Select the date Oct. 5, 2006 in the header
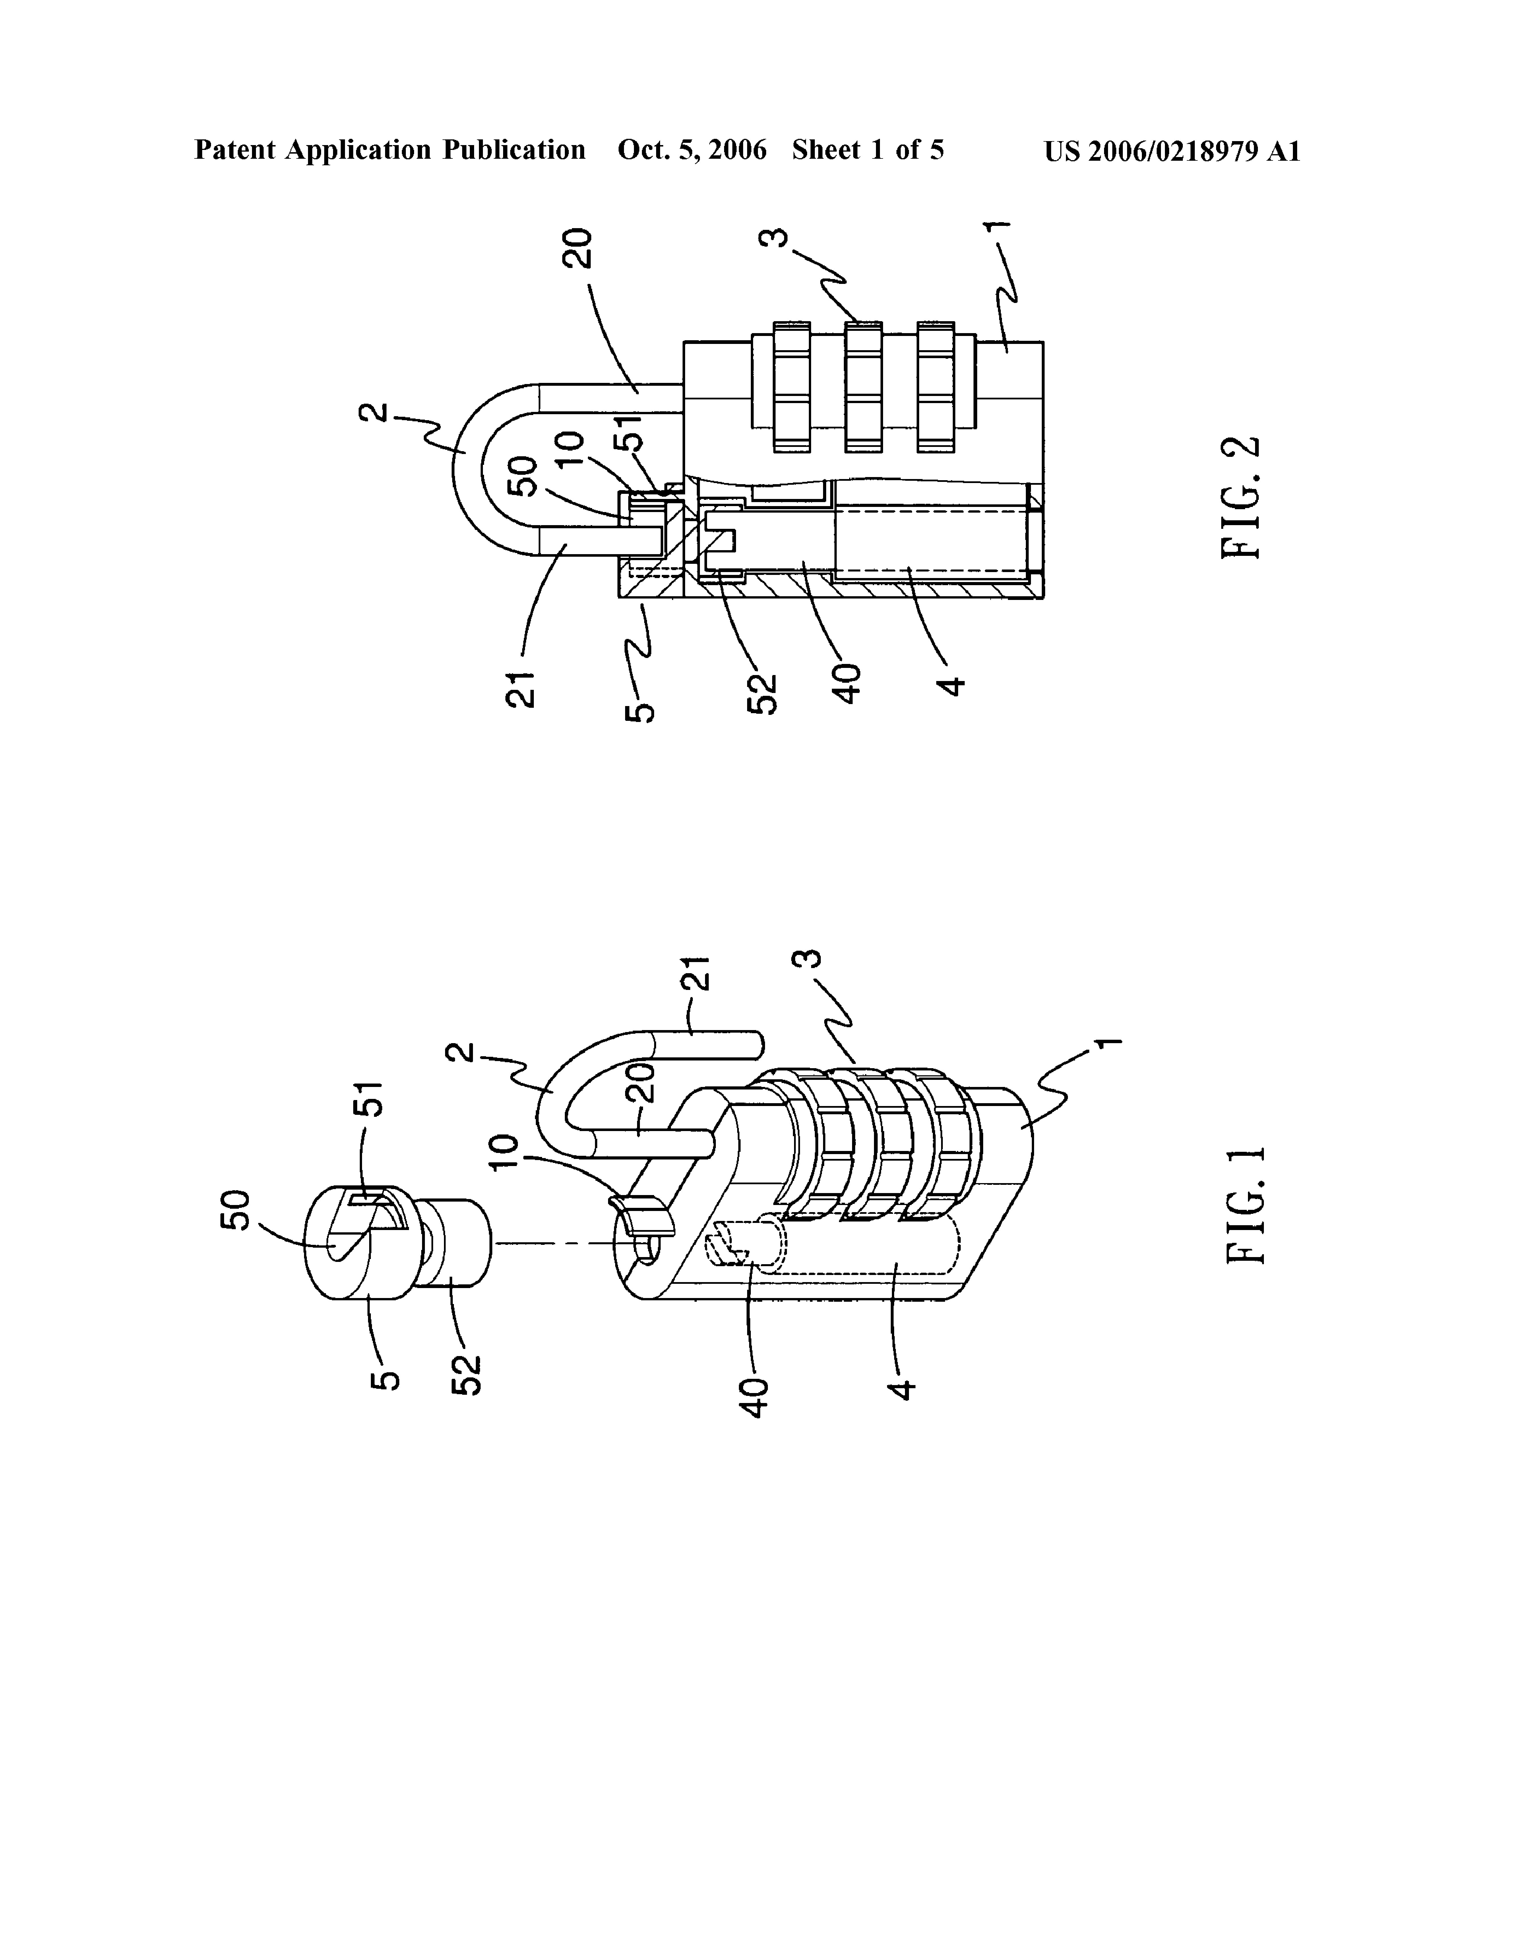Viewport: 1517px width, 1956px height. tap(691, 150)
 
